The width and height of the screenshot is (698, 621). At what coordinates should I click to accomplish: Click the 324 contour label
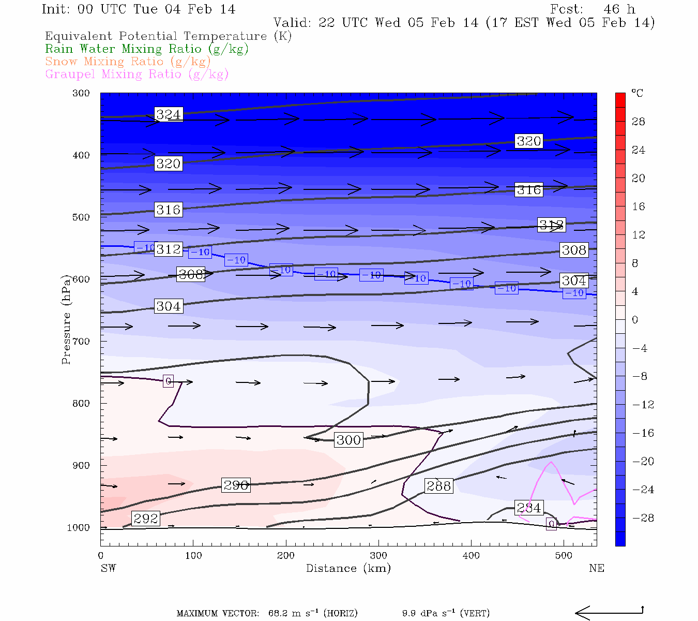pyautogui.click(x=169, y=114)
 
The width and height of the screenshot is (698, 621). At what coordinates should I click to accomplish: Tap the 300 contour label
pyautogui.click(x=348, y=440)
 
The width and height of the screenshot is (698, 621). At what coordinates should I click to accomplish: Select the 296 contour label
pyautogui.click(x=236, y=485)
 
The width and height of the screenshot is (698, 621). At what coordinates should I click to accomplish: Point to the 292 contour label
pyautogui.click(x=145, y=519)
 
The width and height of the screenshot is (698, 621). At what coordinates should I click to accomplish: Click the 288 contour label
pyautogui.click(x=438, y=486)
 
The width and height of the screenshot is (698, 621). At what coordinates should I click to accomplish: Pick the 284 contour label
pyautogui.click(x=528, y=508)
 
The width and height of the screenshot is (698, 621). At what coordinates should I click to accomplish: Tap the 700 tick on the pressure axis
pyautogui.click(x=81, y=342)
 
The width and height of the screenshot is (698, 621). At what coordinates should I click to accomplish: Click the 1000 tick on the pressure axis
pyautogui.click(x=79, y=528)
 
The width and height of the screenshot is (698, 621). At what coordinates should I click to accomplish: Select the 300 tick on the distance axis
pyautogui.click(x=378, y=555)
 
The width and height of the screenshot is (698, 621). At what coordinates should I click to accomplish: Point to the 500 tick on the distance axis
pyautogui.click(x=564, y=555)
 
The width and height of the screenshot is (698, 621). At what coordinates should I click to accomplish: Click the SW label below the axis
pyautogui.click(x=108, y=568)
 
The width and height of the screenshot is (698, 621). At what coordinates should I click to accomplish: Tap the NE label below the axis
pyautogui.click(x=596, y=568)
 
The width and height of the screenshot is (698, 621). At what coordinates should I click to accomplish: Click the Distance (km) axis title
pyautogui.click(x=348, y=568)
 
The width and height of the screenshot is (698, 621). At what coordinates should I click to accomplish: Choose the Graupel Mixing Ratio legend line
pyautogui.click(x=136, y=74)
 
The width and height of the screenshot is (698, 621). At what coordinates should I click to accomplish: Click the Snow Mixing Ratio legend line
pyautogui.click(x=128, y=62)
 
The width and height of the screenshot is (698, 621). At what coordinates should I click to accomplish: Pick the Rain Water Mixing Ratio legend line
pyautogui.click(x=147, y=49)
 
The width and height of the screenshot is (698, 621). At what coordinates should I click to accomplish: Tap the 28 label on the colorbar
pyautogui.click(x=639, y=122)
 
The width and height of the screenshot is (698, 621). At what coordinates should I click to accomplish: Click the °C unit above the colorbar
pyautogui.click(x=637, y=93)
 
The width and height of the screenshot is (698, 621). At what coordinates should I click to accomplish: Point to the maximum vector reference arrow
pyautogui.click(x=609, y=613)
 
